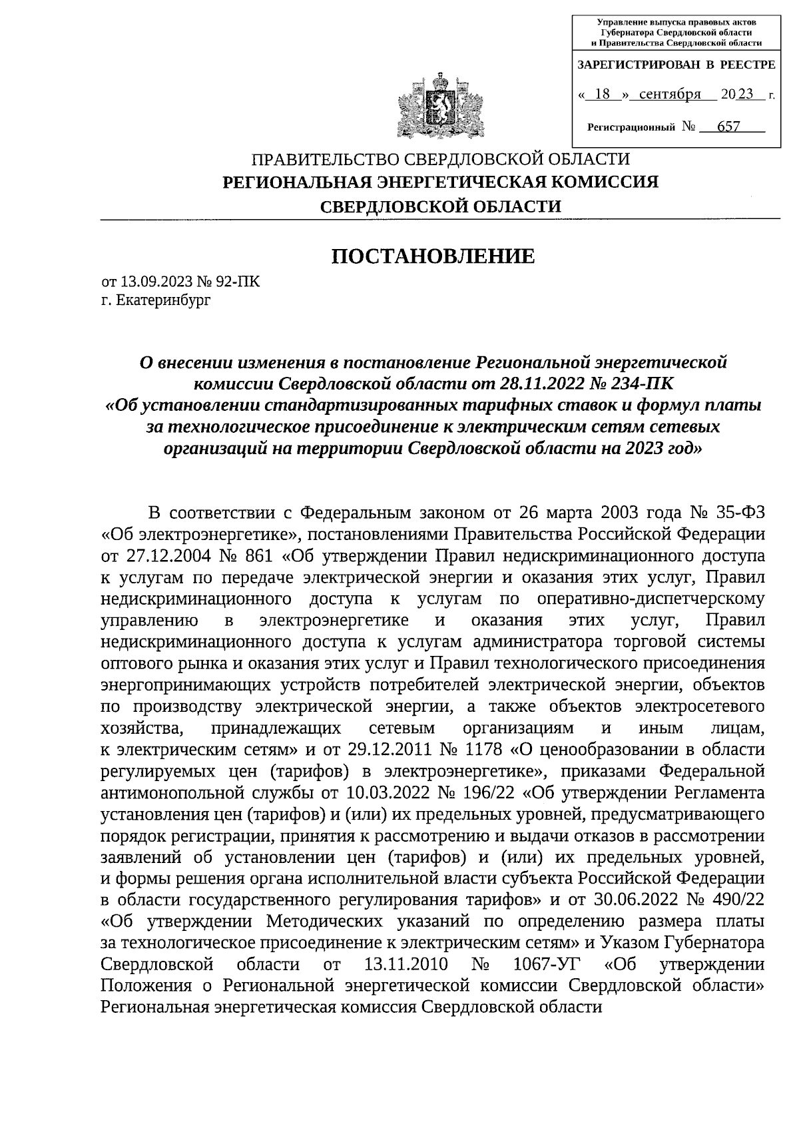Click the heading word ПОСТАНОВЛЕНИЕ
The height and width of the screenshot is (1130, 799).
[x=433, y=256]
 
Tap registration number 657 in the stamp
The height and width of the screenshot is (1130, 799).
[x=728, y=127]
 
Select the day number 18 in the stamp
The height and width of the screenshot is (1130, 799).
[x=602, y=95]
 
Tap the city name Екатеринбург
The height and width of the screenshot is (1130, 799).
[x=162, y=300]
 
